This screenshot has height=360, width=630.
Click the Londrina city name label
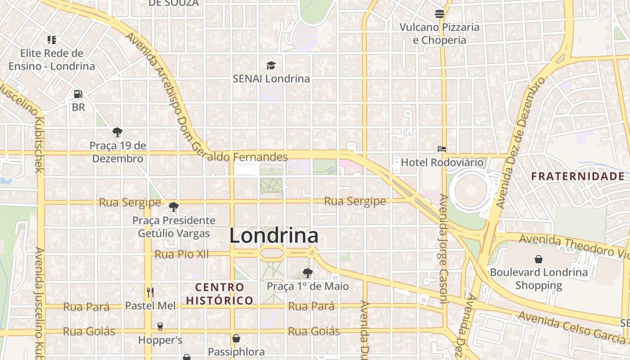274,236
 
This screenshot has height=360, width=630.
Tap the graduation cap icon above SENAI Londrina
271,66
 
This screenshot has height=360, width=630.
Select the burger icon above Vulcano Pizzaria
440,14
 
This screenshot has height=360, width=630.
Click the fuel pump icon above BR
78,94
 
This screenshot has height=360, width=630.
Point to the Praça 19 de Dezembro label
118,152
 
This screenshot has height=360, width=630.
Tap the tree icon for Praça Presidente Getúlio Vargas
173,207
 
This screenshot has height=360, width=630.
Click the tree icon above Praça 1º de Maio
308,273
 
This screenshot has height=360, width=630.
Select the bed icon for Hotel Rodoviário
442,148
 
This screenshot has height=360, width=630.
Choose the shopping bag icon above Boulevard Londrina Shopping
539,259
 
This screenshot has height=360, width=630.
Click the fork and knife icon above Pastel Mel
150,292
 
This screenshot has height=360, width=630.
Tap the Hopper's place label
160,340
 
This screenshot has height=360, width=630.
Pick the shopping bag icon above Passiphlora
236,338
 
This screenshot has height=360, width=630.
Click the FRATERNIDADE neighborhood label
577,176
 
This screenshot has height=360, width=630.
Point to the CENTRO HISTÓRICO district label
220,293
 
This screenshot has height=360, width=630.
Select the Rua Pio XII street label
181,254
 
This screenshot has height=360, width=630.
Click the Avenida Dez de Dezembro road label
520,142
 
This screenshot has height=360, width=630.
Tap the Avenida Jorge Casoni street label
444,250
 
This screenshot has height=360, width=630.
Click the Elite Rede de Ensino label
52,59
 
